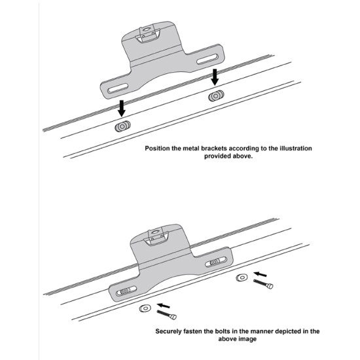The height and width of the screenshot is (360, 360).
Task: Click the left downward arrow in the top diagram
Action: click(122, 109)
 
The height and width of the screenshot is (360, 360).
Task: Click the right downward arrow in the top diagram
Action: click(215, 77)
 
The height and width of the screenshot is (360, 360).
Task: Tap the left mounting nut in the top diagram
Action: click(122, 126)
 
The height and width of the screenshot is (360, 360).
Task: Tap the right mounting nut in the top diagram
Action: click(216, 96)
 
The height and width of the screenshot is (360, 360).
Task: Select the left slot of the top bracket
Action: click(118, 88)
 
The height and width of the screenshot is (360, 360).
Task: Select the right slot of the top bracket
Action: click(207, 59)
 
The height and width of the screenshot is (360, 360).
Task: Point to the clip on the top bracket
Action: click(147, 35)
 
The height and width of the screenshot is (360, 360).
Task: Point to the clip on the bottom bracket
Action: click(157, 238)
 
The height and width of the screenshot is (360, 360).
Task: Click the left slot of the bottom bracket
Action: click(126, 291)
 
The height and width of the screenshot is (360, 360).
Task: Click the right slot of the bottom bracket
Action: click(216, 262)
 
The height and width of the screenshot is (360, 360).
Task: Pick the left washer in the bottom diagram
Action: click(145, 308)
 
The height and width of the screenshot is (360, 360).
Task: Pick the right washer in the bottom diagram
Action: click(242, 278)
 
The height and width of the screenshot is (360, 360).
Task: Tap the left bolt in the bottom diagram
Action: click(167, 315)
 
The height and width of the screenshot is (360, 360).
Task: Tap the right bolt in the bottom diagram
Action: click(263, 284)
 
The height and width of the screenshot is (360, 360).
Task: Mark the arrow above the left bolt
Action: click(164, 306)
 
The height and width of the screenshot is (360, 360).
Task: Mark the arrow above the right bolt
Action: click(260, 274)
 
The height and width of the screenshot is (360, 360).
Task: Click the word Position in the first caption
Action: click(157, 149)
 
